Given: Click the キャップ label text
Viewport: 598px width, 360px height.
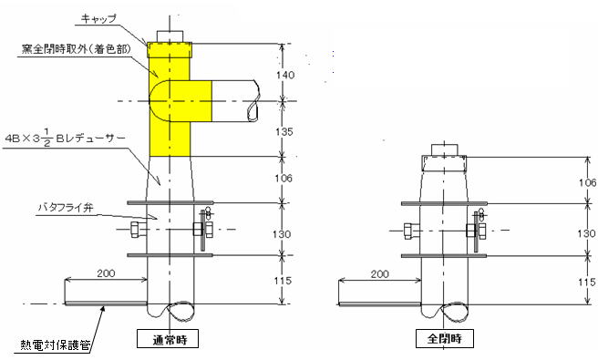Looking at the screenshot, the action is pyautogui.click(x=98, y=19).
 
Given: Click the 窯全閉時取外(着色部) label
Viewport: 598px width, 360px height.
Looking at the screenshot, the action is pyautogui.click(x=76, y=49).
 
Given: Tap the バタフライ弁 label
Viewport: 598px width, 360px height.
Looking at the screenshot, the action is pyautogui.click(x=66, y=208).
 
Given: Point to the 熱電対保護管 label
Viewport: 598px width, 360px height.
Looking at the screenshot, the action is pyautogui.click(x=56, y=345).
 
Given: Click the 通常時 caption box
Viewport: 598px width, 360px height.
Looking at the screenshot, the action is pyautogui.click(x=168, y=339).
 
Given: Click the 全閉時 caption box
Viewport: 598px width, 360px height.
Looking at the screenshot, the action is pyautogui.click(x=445, y=339).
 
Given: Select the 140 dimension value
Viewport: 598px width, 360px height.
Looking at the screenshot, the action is pyautogui.click(x=285, y=75).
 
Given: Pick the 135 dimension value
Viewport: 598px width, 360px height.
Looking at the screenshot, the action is pyautogui.click(x=284, y=131).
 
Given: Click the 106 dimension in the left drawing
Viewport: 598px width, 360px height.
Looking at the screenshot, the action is pyautogui.click(x=284, y=178).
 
